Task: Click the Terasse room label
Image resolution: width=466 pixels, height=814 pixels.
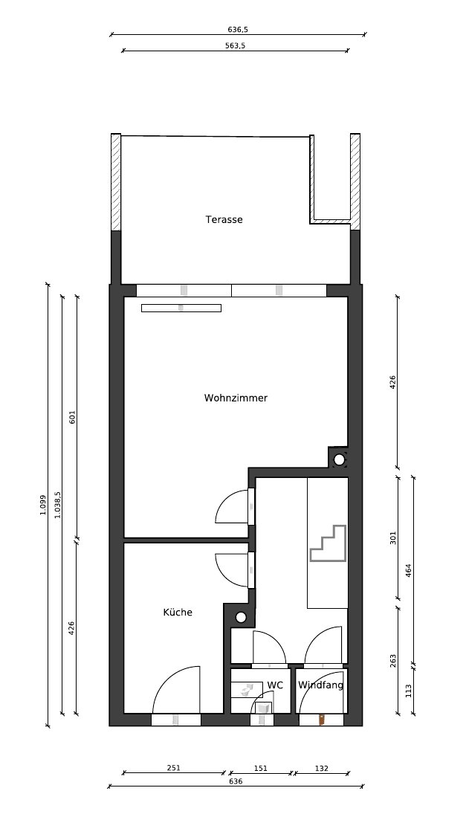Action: (224, 219)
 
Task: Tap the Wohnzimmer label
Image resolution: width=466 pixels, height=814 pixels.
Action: (236, 398)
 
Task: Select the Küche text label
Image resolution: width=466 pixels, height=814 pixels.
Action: (178, 612)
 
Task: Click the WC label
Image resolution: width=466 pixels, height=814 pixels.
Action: (275, 685)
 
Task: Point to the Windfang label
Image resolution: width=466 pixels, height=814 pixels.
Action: (320, 685)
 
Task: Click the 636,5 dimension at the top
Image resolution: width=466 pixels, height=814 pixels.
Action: (238, 30)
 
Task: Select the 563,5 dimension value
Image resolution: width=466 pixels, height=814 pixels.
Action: (235, 45)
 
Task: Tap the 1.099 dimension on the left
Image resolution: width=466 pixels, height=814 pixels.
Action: (42, 505)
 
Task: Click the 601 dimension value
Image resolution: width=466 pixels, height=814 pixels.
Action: (72, 417)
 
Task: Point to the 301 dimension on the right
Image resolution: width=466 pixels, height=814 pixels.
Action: (393, 537)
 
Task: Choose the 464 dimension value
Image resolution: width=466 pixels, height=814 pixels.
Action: (408, 570)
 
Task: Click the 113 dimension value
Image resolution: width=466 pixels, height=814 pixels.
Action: (408, 691)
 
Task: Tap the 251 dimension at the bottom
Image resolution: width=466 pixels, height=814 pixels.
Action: (173, 768)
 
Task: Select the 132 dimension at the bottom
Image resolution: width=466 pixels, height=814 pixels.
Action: (322, 769)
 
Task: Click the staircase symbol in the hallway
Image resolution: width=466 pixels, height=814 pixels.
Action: (328, 543)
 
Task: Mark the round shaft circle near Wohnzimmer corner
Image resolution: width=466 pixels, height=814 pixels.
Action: (339, 459)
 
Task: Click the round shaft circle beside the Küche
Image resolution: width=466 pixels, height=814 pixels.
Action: (241, 617)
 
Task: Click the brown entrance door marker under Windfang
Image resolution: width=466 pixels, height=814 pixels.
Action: (322, 720)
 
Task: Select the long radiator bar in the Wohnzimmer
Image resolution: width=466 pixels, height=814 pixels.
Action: (181, 308)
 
